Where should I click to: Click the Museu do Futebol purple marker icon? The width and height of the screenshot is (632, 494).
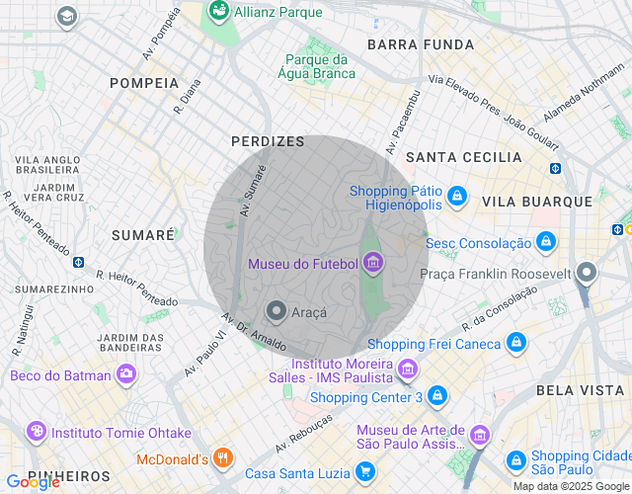click(372, 263)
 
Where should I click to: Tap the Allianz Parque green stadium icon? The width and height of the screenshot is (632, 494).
click(218, 11)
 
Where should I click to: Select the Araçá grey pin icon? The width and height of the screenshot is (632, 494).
click(276, 312)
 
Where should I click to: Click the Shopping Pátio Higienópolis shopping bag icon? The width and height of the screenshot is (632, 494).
click(456, 198)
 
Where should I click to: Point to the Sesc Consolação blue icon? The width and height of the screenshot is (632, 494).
click(546, 242)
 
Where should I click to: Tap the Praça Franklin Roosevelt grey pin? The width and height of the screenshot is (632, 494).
click(588, 272)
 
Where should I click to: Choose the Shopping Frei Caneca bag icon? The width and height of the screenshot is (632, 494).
click(514, 343)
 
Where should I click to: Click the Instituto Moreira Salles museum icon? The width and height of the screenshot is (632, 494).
click(408, 370)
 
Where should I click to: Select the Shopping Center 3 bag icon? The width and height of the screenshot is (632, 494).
click(437, 397)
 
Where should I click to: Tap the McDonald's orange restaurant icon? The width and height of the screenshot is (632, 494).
click(223, 458)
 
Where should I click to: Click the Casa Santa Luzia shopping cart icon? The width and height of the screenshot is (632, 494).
click(365, 473)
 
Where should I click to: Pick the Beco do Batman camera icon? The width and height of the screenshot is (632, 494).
click(125, 374)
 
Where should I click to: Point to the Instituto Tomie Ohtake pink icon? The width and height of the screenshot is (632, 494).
click(37, 432)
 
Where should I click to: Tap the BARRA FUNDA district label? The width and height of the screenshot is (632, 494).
click(421, 44)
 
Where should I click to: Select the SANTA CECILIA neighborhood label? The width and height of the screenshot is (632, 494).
click(464, 157)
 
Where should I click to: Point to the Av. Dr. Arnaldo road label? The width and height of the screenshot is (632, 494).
click(254, 334)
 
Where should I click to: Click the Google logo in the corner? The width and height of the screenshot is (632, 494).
click(33, 482)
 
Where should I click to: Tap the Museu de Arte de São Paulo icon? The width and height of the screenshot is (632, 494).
click(479, 436)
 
